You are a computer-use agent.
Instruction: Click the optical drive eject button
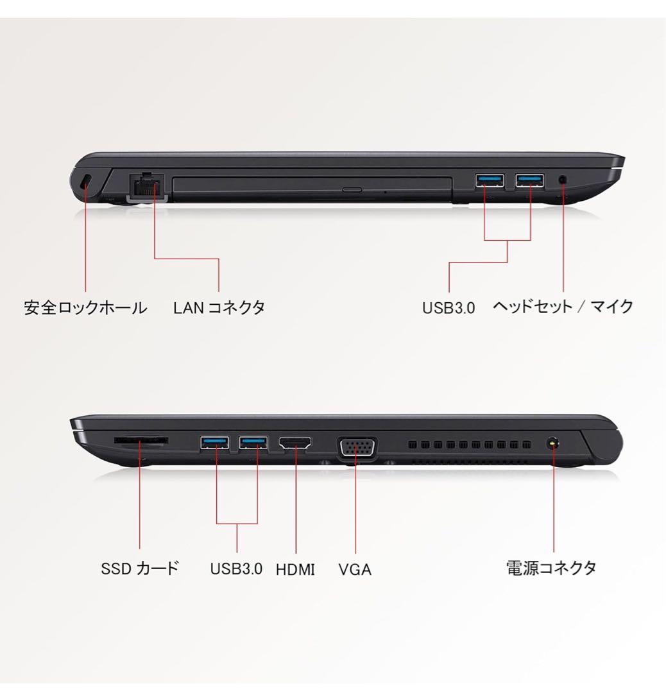[351, 190]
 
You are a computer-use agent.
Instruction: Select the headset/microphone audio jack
[563, 181]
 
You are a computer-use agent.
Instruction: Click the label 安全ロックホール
[85, 307]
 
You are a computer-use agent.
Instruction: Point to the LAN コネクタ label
[219, 307]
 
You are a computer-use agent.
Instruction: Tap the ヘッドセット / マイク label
[563, 306]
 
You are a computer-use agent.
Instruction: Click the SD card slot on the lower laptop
[141, 441]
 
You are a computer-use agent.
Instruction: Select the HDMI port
[295, 443]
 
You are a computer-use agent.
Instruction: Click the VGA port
[357, 447]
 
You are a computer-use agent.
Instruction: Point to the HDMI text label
[295, 569]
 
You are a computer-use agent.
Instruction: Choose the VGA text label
[355, 569]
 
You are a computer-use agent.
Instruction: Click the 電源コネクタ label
[552, 568]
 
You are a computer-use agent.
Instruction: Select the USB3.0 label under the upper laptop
[448, 307]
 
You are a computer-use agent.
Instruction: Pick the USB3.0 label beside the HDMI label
[236, 569]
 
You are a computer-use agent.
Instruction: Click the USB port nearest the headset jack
[530, 180]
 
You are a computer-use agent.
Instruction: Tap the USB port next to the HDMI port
[253, 442]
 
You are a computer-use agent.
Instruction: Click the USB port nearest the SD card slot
[214, 442]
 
